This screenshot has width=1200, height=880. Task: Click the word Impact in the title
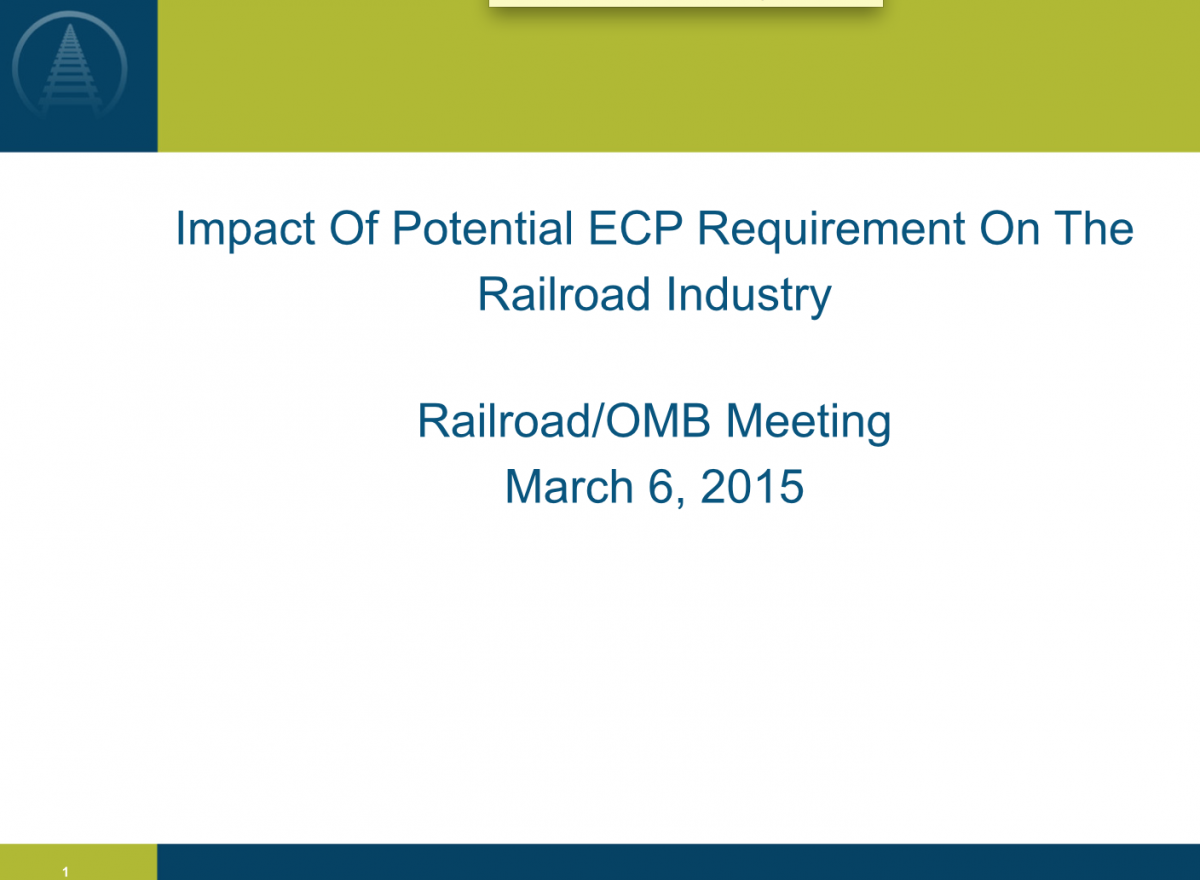point(245,230)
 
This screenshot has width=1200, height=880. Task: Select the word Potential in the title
point(483,228)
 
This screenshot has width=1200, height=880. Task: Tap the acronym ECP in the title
point(635,228)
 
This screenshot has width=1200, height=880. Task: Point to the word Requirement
point(831,230)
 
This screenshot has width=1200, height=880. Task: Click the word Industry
point(748,296)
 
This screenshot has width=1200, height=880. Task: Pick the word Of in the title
point(354,227)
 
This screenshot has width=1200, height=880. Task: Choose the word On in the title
point(1010,228)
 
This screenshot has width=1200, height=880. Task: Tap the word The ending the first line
point(1094,228)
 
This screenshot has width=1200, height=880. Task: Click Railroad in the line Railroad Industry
point(564,294)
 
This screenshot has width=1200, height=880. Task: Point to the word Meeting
point(808,423)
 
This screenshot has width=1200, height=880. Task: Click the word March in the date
point(569,486)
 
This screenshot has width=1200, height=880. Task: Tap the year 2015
point(752,486)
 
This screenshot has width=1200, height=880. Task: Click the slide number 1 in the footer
point(65,872)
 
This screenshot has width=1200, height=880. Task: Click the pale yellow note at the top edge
point(686,3)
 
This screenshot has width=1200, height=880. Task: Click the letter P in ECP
point(668,228)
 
